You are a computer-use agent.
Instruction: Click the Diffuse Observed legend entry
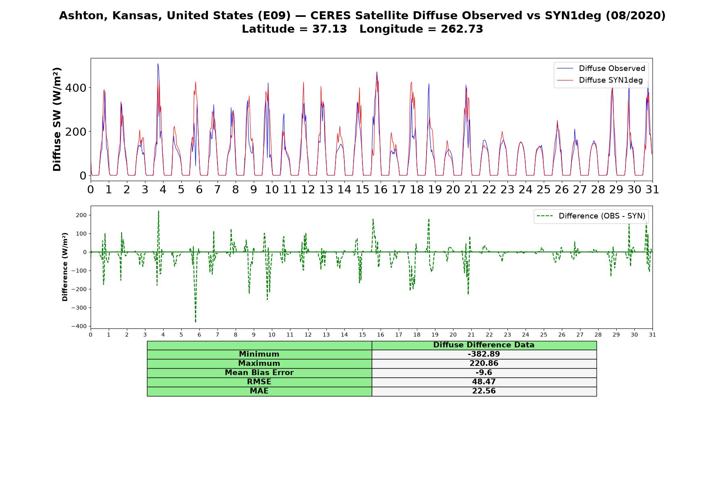pyautogui.click(x=601, y=68)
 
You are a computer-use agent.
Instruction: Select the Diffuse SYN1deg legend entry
pyautogui.click(x=600, y=80)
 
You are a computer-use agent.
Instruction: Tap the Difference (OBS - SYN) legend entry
pyautogui.click(x=591, y=216)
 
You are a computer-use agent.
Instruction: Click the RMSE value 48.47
pyautogui.click(x=484, y=382)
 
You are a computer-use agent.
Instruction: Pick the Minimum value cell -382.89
pyautogui.click(x=484, y=354)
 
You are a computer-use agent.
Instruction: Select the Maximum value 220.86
pyautogui.click(x=484, y=363)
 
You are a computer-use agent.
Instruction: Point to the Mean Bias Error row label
pyautogui.click(x=259, y=373)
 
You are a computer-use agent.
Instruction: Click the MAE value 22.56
pyautogui.click(x=484, y=391)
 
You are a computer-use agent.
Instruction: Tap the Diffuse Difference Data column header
pyautogui.click(x=484, y=345)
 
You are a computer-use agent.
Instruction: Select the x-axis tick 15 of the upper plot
pyautogui.click(x=362, y=189)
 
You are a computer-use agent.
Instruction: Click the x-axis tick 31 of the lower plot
pyautogui.click(x=652, y=335)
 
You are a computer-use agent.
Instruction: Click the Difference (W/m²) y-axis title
pyautogui.click(x=65, y=267)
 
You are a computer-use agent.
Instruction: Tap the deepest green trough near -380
pyautogui.click(x=195, y=322)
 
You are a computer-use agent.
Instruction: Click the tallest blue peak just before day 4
pyautogui.click(x=158, y=64)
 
